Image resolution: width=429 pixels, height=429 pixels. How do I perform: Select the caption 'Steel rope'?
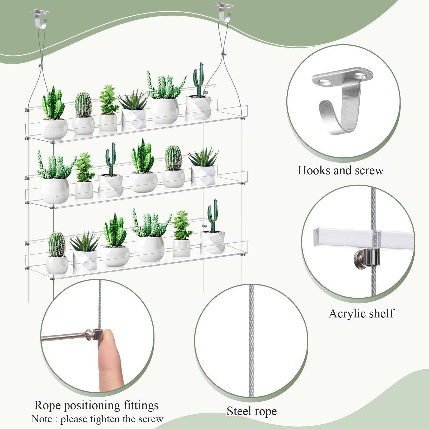(252, 411)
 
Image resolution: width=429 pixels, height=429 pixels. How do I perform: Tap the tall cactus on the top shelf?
(198, 79)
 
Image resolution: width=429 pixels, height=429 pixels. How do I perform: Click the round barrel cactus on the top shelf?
(83, 105)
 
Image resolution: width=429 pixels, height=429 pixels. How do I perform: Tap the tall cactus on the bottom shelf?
(213, 216)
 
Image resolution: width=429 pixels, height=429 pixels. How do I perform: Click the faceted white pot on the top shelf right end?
(198, 107)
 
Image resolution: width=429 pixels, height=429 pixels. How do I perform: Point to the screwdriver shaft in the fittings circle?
(64, 336)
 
